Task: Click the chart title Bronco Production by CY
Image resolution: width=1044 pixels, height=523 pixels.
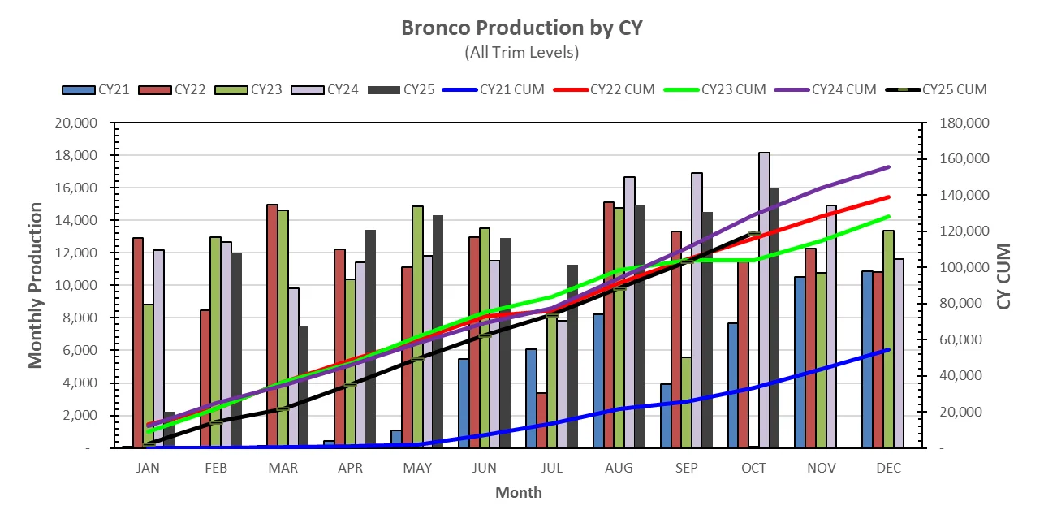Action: pyautogui.click(x=521, y=28)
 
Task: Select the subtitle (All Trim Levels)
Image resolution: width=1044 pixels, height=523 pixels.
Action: pyautogui.click(x=521, y=52)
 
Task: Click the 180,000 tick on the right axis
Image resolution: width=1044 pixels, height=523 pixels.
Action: pyautogui.click(x=958, y=123)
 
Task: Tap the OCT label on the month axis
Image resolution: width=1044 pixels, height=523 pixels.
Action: pyautogui.click(x=753, y=469)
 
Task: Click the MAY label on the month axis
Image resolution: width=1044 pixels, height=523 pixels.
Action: pyautogui.click(x=417, y=469)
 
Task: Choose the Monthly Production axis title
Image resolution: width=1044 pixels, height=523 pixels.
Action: pyautogui.click(x=36, y=285)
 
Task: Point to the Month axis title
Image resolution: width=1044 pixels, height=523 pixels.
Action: pyautogui.click(x=518, y=492)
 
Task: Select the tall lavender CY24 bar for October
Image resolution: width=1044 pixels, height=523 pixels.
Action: pyautogui.click(x=764, y=300)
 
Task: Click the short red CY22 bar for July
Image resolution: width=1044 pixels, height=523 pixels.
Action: pyautogui.click(x=541, y=420)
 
